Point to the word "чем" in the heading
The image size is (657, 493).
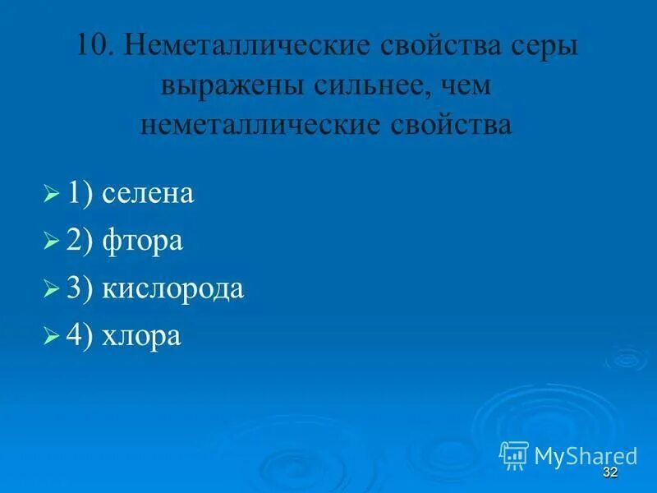(462, 85)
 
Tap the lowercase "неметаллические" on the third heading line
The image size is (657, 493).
(261, 124)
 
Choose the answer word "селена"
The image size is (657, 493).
(148, 194)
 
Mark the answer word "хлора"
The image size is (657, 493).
(142, 336)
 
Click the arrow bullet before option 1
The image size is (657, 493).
(51, 195)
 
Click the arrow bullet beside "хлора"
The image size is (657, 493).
(51, 337)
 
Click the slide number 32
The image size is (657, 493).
(609, 472)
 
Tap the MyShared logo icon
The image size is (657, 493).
(514, 454)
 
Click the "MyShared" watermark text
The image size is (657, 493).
(586, 455)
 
